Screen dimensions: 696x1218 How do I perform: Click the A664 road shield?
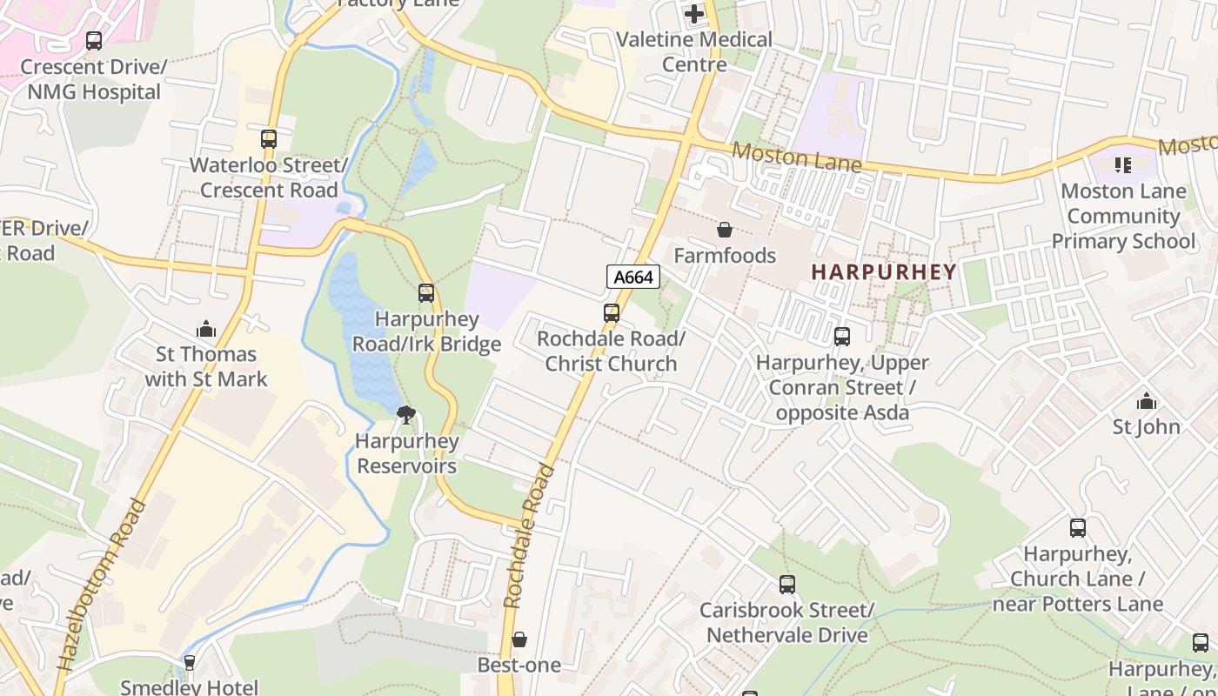[632, 278]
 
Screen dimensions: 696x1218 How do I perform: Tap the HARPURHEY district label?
[884, 271]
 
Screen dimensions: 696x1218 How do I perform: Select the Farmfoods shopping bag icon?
[724, 230]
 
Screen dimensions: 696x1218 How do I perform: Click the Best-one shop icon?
[519, 639]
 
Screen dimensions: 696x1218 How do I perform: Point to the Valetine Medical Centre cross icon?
[694, 14]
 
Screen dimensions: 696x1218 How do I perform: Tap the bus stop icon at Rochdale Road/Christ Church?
[612, 313]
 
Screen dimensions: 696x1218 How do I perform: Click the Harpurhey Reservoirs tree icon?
[405, 415]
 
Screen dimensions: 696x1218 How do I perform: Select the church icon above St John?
[1147, 401]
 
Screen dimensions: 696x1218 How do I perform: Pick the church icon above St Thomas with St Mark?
[206, 328]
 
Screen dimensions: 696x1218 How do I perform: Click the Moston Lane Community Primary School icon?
[1123, 164]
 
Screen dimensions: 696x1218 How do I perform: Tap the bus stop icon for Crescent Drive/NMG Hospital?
[93, 41]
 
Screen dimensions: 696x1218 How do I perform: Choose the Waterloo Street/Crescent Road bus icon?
[269, 139]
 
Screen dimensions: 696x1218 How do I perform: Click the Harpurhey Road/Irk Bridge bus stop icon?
[426, 293]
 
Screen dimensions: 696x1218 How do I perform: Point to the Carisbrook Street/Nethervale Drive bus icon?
[787, 585]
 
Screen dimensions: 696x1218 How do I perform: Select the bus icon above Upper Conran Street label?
[841, 337]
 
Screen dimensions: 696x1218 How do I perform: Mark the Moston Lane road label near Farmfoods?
[796, 157]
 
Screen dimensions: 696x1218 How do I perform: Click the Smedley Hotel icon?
[190, 663]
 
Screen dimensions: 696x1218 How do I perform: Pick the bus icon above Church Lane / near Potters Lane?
[1078, 527]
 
